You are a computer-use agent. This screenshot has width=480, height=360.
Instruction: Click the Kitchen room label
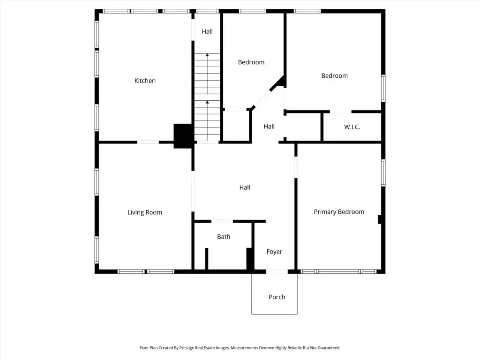[x=145, y=81]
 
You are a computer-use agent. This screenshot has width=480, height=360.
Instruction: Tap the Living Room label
[x=145, y=212]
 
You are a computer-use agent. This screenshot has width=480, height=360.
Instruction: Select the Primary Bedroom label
[x=339, y=212]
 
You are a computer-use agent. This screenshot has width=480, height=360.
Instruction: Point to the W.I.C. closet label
[x=352, y=127]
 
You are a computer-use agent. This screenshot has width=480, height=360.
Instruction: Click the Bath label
[x=224, y=237]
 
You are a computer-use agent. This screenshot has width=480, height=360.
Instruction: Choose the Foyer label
[x=274, y=252]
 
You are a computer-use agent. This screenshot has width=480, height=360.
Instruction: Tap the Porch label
[x=277, y=297]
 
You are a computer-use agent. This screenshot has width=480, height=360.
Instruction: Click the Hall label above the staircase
[x=207, y=31]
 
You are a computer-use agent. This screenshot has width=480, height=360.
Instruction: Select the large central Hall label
[x=245, y=187]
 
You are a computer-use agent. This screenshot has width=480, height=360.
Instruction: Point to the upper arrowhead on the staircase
[x=207, y=55]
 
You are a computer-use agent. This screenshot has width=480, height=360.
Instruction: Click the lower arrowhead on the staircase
[x=207, y=102]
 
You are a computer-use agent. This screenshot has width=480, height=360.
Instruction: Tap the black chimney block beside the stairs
[x=183, y=136]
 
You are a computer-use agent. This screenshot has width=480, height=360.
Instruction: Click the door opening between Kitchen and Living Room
[x=148, y=142]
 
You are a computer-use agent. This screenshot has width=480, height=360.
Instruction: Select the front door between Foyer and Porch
[x=277, y=271]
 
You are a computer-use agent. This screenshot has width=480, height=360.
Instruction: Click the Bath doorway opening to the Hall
[x=222, y=221]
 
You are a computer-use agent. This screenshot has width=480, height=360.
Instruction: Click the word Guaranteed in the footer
[x=329, y=348]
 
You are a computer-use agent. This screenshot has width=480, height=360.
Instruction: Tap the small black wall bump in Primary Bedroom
[x=380, y=219]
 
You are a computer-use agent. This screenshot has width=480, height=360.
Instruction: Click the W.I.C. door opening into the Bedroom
[x=340, y=112]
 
